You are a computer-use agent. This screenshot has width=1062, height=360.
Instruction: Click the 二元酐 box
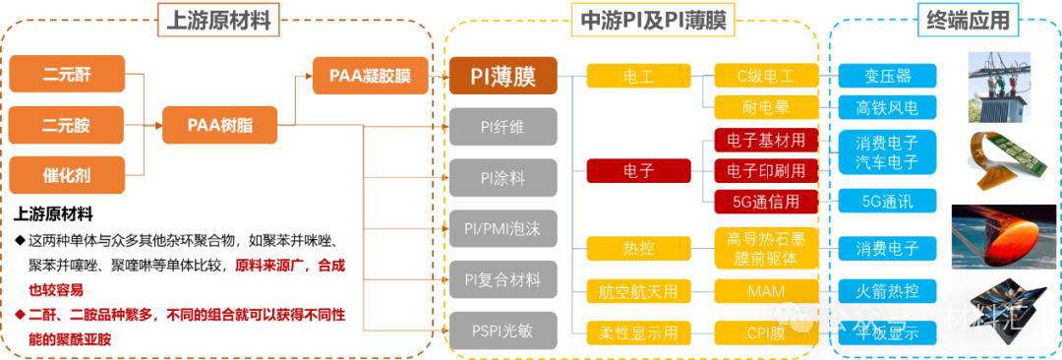[69, 74]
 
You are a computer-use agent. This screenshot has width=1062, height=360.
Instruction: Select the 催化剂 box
[69, 176]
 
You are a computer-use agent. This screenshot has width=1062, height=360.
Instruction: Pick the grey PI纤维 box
[502, 126]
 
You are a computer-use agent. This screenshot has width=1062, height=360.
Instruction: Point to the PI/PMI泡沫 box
[502, 228]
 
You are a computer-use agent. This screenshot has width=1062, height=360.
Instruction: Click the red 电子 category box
[637, 170]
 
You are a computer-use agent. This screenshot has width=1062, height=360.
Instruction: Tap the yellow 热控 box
[637, 247]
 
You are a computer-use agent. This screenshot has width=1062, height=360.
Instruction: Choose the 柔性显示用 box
[637, 332]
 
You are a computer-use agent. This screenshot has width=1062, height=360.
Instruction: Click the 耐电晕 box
[765, 106]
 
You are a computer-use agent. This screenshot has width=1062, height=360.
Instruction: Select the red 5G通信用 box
[765, 202]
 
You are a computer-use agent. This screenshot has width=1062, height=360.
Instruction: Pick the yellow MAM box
[765, 290]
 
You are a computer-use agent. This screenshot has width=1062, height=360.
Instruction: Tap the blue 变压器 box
[888, 76]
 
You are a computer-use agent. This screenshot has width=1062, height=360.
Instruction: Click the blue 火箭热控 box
[888, 290]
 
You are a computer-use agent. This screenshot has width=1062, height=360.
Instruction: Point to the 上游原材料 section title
[218, 19]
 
